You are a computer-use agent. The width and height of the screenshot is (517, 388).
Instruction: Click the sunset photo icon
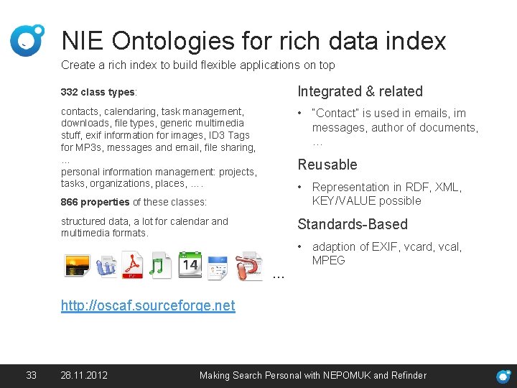point(76,265)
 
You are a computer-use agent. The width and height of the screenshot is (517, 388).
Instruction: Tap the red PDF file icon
point(133,265)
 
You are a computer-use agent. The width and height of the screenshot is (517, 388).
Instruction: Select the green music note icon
point(161,265)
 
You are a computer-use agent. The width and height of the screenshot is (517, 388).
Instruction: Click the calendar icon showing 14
point(190,265)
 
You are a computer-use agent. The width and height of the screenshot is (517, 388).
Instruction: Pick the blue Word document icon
point(106,265)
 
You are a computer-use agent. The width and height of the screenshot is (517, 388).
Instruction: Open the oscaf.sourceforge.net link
point(148,305)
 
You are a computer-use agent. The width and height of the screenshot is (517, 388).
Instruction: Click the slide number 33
point(31,375)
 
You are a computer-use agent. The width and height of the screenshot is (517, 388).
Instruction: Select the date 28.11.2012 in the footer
point(85,375)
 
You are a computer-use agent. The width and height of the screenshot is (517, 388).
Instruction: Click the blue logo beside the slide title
point(27,40)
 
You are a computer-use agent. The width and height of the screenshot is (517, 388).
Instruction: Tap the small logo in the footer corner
point(504,376)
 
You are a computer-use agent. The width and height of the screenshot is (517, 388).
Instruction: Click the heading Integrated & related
point(360,91)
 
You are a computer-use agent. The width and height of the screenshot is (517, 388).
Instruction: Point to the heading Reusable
point(327,165)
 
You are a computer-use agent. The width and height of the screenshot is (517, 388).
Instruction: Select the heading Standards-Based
point(352,224)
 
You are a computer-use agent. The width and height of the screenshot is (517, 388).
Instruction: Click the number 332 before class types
point(70,93)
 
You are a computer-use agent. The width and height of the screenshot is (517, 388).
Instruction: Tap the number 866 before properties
point(70,202)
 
